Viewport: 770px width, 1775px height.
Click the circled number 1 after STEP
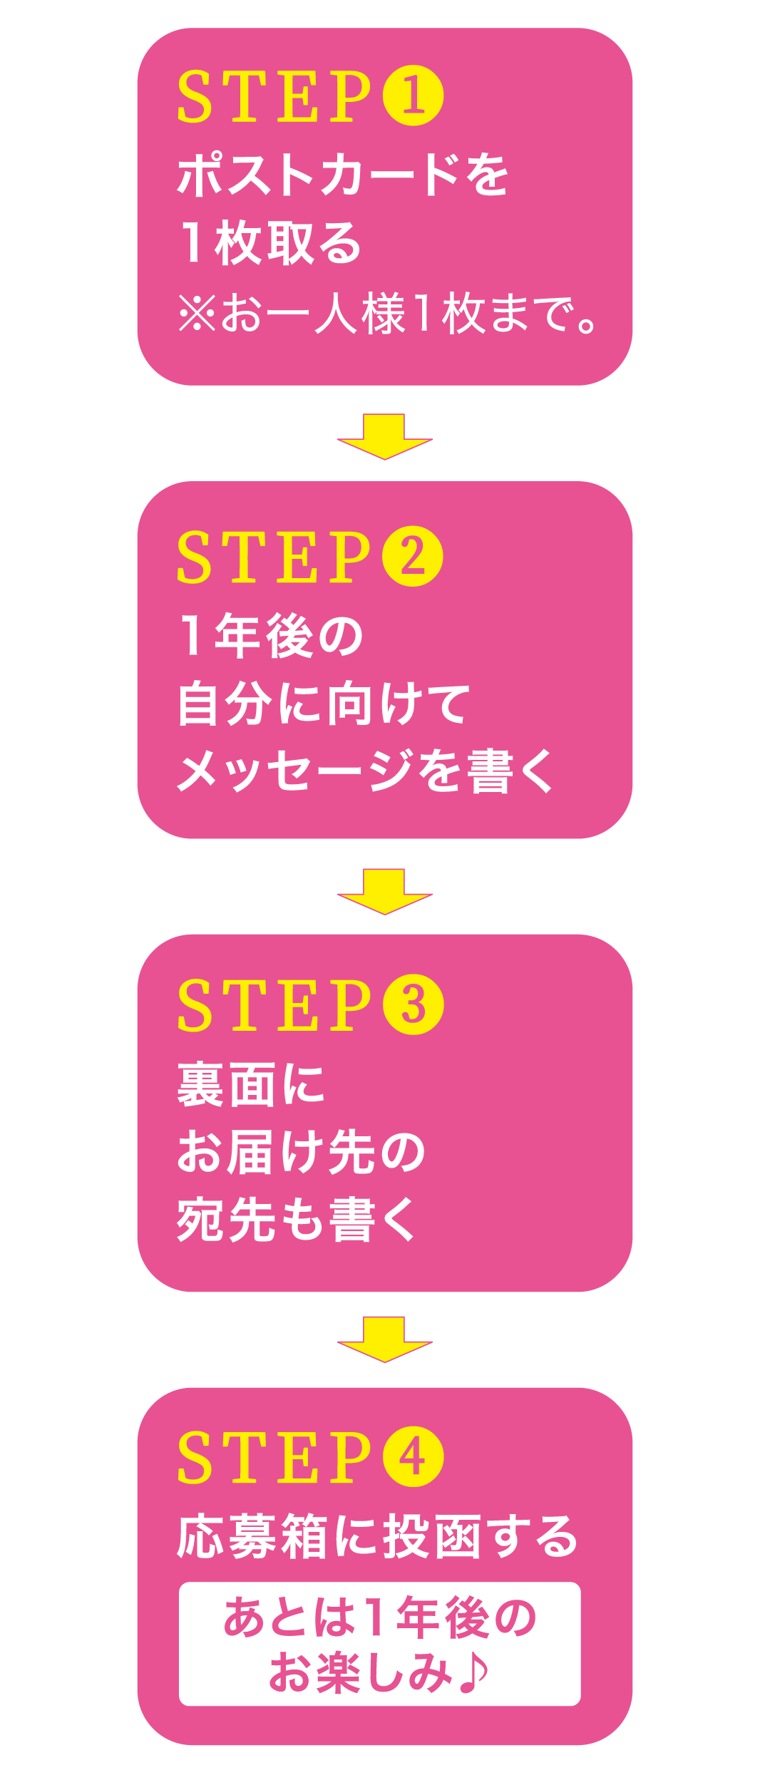click(414, 96)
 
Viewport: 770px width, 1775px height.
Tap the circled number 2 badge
click(413, 556)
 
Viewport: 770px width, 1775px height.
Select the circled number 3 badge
click(414, 1004)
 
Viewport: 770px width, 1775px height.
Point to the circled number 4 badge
click(414, 1456)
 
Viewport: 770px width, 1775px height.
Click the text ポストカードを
click(342, 175)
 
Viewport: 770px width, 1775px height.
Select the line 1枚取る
click(271, 243)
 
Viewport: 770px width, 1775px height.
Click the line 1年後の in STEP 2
click(271, 636)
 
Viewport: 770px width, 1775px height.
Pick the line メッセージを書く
click(365, 771)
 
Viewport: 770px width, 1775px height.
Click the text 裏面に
click(251, 1084)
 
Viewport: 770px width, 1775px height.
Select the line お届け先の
click(301, 1152)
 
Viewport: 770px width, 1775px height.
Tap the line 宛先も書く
click(296, 1220)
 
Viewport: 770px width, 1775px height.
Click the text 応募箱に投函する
click(376, 1536)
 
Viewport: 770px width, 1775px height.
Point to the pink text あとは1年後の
click(379, 1617)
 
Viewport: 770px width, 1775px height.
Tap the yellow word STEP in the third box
click(274, 1004)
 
